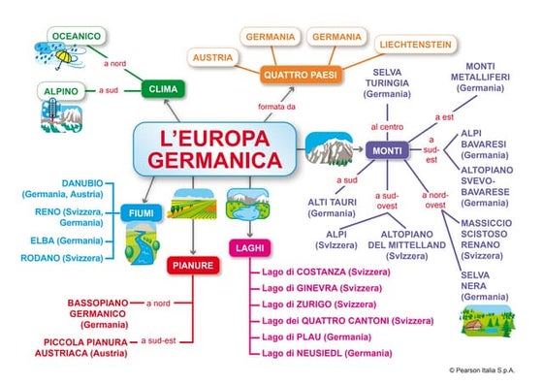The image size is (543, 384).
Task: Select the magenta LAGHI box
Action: (242, 249)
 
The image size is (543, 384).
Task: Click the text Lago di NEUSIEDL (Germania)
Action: (327, 353)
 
